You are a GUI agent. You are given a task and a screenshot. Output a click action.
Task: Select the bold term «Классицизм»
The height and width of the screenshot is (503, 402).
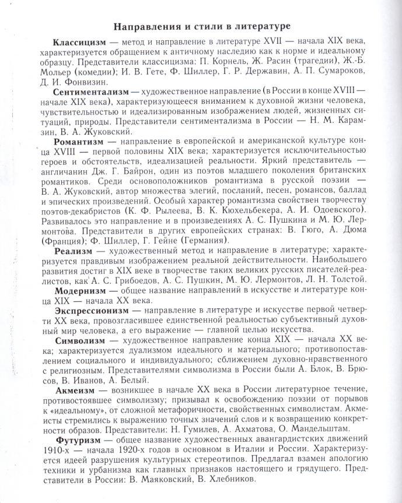click(x=79, y=43)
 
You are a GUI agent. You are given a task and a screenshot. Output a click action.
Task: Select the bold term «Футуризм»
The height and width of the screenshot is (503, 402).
click(x=76, y=438)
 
